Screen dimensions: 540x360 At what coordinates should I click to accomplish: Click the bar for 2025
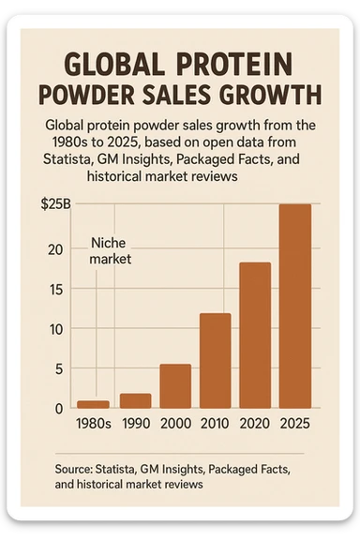(295, 306)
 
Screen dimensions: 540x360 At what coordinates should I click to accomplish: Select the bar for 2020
(255, 335)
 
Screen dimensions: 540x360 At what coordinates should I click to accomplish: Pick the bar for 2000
(175, 385)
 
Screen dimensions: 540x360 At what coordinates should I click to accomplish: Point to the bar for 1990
(135, 400)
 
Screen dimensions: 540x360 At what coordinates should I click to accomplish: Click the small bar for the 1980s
(94, 404)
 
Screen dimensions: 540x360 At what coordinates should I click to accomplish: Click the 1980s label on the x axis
(94, 423)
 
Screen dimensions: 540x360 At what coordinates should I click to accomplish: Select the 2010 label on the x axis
(215, 423)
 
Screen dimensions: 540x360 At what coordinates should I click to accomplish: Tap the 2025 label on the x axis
(295, 423)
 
